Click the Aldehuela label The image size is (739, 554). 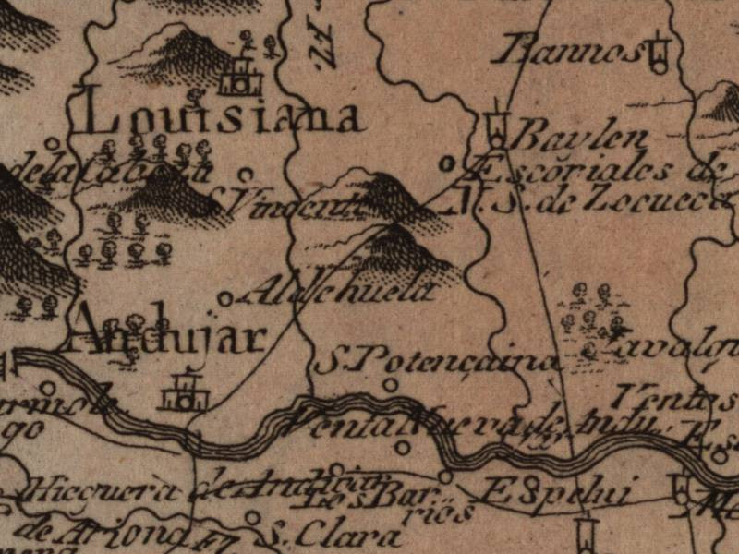coord(337,292)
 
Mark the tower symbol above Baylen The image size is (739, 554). coord(497,125)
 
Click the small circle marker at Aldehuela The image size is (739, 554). coord(224,297)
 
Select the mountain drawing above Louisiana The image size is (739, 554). coord(180,51)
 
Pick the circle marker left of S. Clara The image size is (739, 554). coord(252,518)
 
